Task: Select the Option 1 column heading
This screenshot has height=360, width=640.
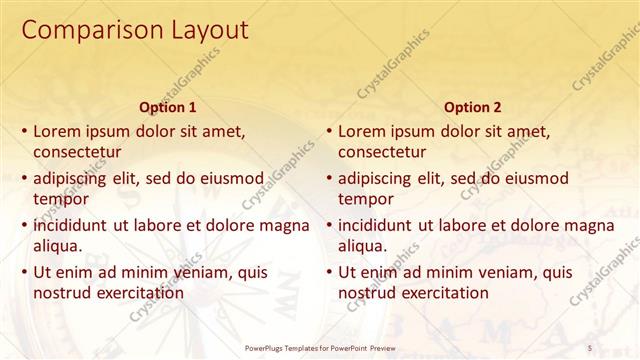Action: click(166, 107)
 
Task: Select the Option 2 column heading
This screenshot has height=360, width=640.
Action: click(472, 107)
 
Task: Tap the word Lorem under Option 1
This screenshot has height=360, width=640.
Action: click(57, 131)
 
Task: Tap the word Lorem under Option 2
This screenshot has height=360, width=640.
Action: click(362, 131)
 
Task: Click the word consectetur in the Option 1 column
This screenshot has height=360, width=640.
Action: click(77, 152)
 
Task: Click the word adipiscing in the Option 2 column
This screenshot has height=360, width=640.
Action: click(375, 179)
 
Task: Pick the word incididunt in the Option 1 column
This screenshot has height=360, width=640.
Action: click(71, 225)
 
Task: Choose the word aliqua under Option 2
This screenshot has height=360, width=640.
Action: click(362, 246)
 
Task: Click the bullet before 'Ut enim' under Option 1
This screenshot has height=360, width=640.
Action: click(24, 272)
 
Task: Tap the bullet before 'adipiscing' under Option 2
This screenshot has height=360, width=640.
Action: click(329, 179)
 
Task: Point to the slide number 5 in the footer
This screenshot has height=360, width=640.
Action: click(590, 347)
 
